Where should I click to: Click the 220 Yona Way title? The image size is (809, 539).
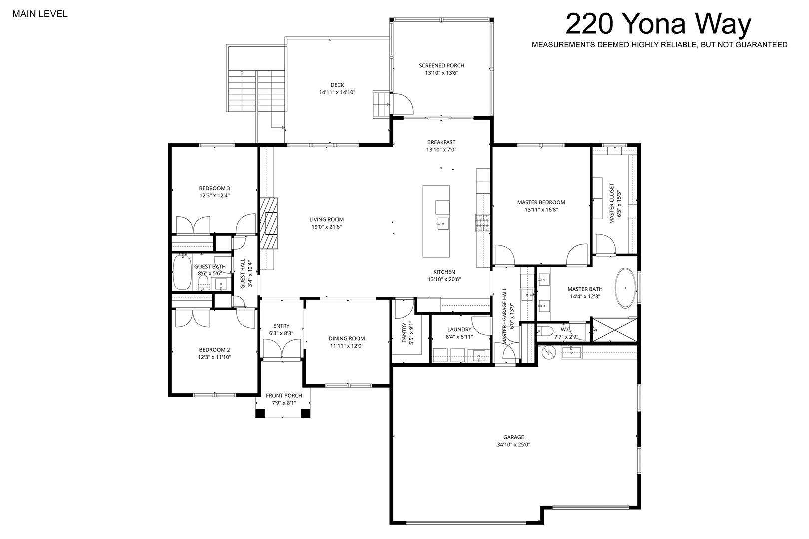coord(658,24)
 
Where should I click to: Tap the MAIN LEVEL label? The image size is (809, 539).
coord(40,14)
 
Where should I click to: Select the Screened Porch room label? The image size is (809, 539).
coord(441,65)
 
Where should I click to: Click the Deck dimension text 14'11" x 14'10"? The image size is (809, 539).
coord(337,92)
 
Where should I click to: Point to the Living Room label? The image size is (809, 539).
coord(327,219)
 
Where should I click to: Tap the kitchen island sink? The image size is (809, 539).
coord(443,224)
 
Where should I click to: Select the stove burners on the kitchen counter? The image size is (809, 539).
coord(482,223)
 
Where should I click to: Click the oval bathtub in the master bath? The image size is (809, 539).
coord(626,288)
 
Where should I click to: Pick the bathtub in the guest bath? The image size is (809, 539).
coord(182,272)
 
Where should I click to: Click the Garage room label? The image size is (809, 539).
coord(513,437)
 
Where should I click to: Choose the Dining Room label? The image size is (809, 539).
coord(347,339)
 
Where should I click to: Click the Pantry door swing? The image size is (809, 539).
coord(404,309)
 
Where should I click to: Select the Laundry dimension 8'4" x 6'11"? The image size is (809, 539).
coord(459,337)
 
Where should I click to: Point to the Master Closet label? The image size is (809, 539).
coord(612,203)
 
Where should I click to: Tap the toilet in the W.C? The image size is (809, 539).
coord(545,331)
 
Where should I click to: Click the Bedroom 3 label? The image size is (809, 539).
coord(215,188)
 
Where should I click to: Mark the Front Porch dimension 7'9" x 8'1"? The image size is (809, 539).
coord(284,403)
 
